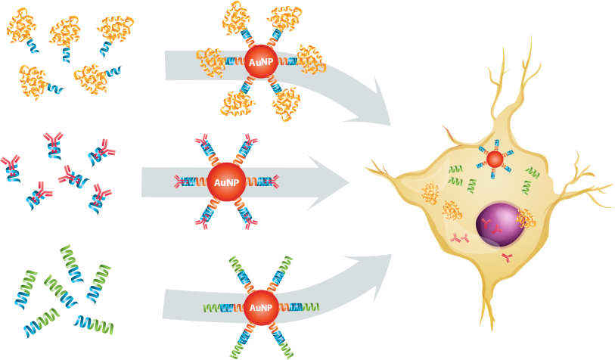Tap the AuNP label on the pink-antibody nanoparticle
(225, 182)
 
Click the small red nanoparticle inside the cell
(495, 159)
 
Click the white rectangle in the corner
(585, 313)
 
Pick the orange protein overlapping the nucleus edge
(526, 219)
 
